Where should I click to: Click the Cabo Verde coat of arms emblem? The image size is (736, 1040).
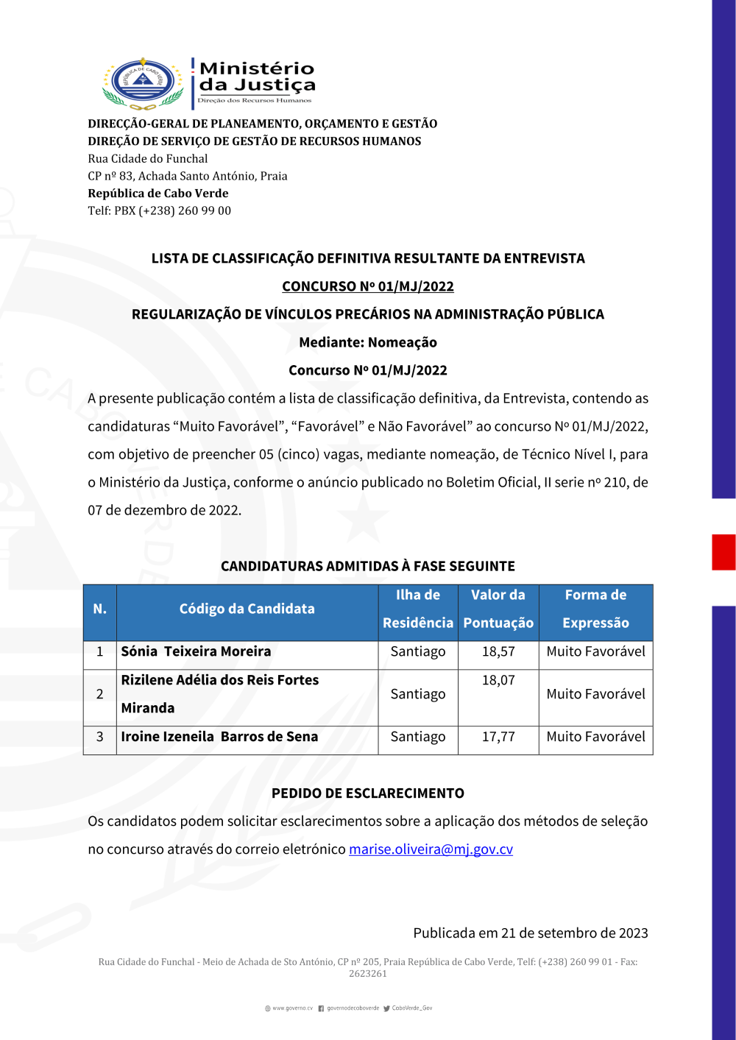click(143, 82)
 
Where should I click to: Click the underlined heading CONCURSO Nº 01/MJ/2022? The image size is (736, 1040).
click(368, 286)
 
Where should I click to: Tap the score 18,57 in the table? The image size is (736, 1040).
click(498, 651)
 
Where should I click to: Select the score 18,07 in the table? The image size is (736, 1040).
click(498, 680)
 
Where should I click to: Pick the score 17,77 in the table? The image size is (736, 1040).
click(498, 737)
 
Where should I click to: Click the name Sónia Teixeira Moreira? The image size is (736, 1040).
click(196, 651)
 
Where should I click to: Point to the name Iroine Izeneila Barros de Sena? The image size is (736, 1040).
click(219, 737)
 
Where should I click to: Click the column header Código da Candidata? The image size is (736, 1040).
click(247, 609)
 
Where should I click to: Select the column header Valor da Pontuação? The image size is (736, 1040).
click(498, 609)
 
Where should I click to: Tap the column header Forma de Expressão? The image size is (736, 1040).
click(595, 609)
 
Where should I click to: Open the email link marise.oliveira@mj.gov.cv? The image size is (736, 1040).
click(431, 849)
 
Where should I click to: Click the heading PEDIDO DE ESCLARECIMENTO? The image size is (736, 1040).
click(368, 793)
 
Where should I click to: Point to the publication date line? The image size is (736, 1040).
click(530, 933)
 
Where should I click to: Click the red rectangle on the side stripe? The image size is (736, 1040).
click(723, 552)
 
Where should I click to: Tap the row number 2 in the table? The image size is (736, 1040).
click(100, 694)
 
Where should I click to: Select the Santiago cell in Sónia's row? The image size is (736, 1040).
click(418, 651)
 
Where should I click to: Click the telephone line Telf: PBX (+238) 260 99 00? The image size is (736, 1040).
click(159, 211)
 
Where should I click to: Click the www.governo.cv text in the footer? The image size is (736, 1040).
click(292, 1008)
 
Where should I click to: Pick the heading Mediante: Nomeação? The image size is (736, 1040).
click(368, 342)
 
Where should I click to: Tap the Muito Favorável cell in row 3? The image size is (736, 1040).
click(595, 737)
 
